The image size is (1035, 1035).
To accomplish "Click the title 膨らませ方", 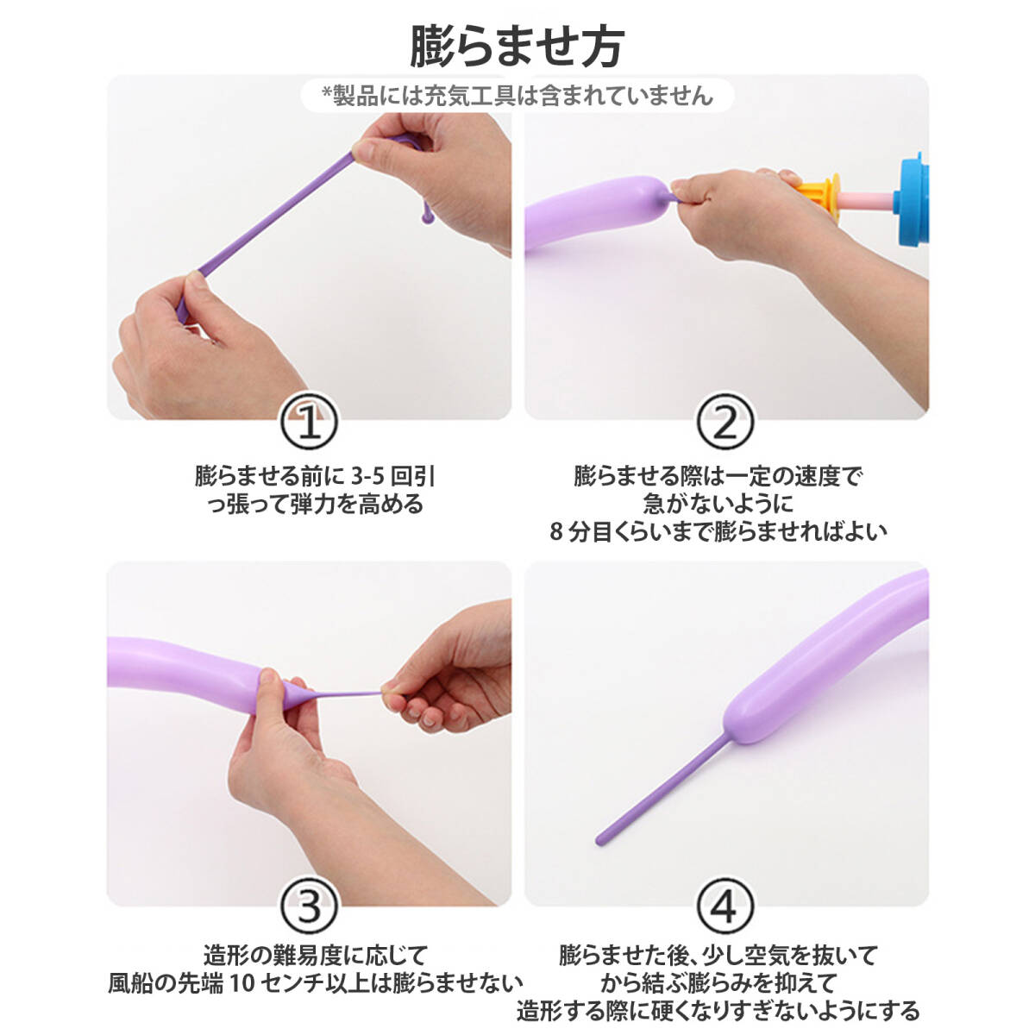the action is (517, 47).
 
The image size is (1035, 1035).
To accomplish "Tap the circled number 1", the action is (309, 422).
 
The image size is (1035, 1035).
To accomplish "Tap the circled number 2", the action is (725, 422).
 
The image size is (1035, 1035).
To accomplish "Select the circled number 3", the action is (309, 907).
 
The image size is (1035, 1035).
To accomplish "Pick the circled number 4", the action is (725, 907).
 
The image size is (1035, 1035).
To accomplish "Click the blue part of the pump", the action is (911, 199).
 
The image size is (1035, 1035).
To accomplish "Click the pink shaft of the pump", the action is (866, 200).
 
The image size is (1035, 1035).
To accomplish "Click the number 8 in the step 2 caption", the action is (556, 532).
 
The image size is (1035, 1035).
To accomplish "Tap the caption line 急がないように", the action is (718, 504).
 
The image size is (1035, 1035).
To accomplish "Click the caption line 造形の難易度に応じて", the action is (316, 956).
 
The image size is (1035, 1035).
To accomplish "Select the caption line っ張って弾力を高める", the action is (316, 505).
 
